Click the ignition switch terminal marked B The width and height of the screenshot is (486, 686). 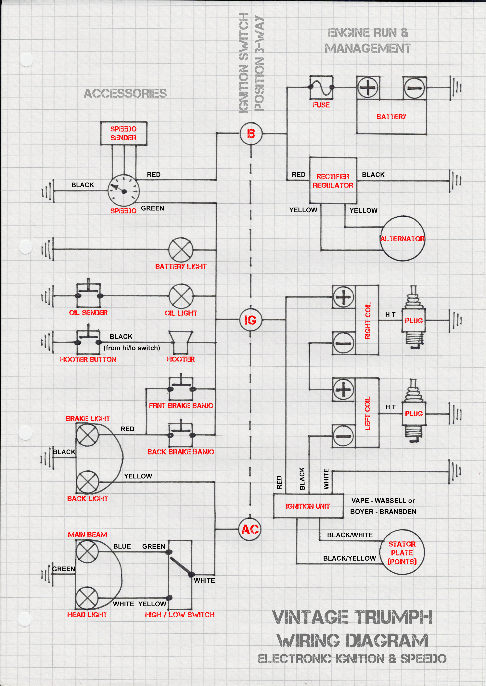pyautogui.click(x=251, y=134)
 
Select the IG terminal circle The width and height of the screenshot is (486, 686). pyautogui.click(x=251, y=320)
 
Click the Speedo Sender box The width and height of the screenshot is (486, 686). pyautogui.click(x=123, y=133)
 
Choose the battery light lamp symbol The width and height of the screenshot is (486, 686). pyautogui.click(x=181, y=249)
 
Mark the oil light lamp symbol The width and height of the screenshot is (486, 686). pyautogui.click(x=181, y=296)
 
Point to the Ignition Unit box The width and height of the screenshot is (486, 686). pyautogui.click(x=308, y=506)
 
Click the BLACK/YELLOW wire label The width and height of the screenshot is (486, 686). pyautogui.click(x=349, y=558)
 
